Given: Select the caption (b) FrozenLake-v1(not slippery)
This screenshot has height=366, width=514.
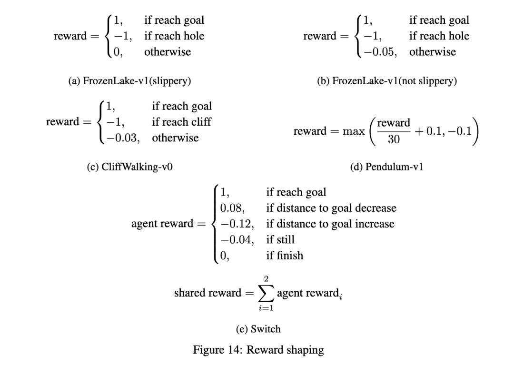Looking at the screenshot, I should pos(387,81).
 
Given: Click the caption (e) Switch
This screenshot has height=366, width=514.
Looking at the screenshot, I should pos(258,329).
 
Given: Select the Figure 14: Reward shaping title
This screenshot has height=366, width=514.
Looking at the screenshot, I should pos(258,350).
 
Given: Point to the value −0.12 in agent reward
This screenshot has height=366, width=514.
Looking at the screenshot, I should pos(236,224).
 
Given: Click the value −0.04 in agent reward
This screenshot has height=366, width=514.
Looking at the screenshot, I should pos(236,239).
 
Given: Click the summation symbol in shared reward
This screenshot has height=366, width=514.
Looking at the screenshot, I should pos(264,293).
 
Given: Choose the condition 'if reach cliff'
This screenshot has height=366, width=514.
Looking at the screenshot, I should pos(181,122).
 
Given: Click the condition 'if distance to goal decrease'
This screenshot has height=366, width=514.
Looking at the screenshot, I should pos(331,208).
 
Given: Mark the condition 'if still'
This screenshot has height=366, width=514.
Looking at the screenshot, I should pos(280,239).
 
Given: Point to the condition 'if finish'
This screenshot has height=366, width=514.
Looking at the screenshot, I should pos(284,255).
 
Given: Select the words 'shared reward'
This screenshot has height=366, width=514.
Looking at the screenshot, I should pos(208,293).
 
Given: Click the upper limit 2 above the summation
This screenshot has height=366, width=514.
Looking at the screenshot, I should pos(264,277).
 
